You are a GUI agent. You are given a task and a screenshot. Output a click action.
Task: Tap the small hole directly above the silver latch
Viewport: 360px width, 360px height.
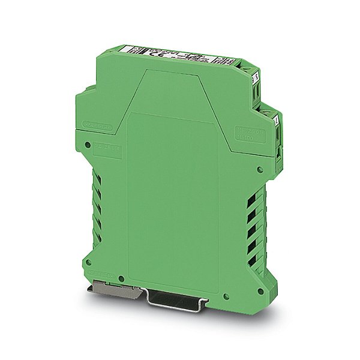(x=121, y=279)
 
